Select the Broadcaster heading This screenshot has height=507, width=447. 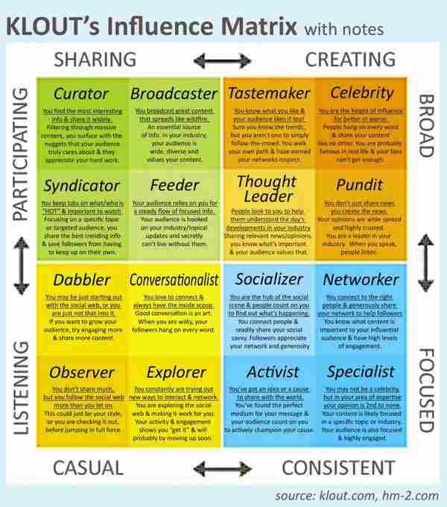(x=174, y=94)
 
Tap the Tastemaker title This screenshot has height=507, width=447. (x=269, y=94)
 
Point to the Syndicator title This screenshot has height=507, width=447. (x=82, y=185)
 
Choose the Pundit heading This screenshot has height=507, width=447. (x=361, y=185)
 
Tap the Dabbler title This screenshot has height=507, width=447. (x=83, y=280)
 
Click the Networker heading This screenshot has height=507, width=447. (x=361, y=280)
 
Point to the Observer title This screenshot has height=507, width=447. (x=82, y=372)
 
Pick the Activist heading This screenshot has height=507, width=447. (x=273, y=372)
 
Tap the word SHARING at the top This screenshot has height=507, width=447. (x=95, y=59)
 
